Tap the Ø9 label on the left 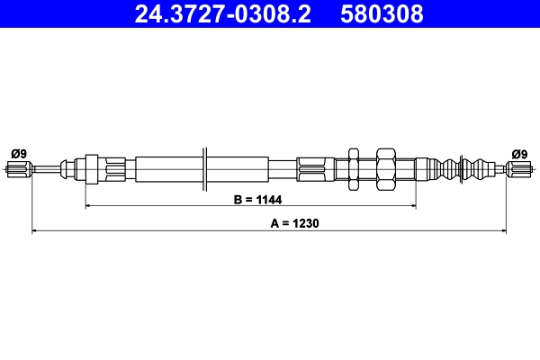coord(18,153)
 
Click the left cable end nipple coord(20,167)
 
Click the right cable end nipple coord(519,167)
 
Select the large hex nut coord(386,167)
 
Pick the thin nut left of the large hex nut coord(355,167)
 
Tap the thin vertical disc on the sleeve coord(206,167)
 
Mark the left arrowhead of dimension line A coord(35,231)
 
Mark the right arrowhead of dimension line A coord(503,231)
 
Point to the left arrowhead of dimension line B coord(88,206)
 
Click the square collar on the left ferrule coord(90,167)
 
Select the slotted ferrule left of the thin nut coord(315,167)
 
